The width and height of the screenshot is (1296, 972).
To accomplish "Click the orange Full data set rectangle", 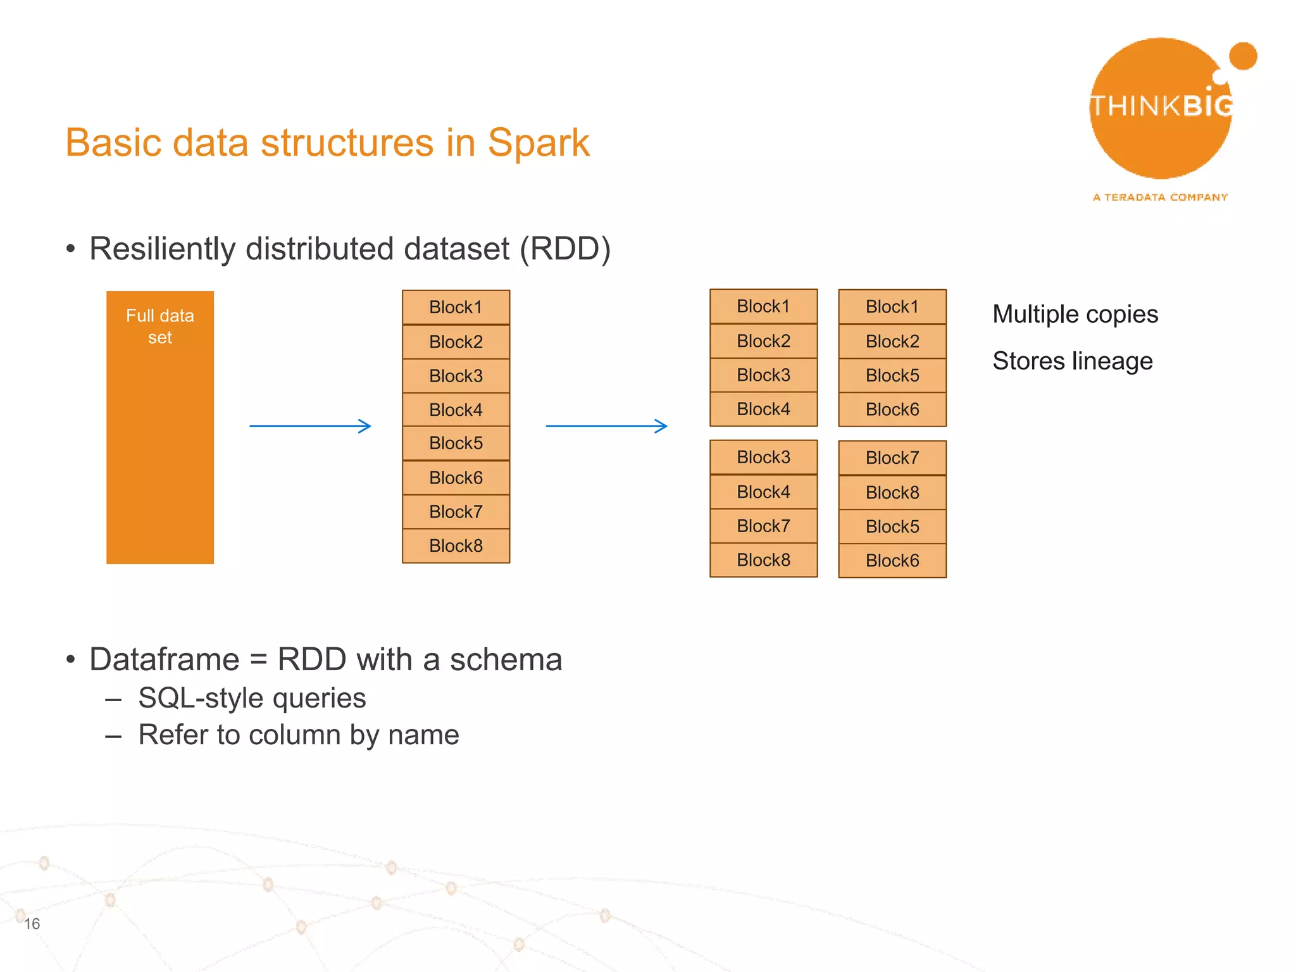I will pos(159,427).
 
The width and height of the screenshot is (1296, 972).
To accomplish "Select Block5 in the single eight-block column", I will pos(456,443).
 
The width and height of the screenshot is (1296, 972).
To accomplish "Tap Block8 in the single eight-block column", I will pos(456,545).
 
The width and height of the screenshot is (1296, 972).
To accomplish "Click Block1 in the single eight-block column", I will pos(456,308).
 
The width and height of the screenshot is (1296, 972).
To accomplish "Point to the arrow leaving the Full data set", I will pos(310,426).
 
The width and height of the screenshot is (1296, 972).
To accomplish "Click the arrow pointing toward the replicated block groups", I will pos(606,426).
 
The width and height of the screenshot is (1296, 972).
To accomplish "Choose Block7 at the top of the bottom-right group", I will pos(892,458).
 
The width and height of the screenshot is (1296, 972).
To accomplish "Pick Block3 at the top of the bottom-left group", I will pos(763,457).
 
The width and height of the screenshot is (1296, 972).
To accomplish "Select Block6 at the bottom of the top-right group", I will pos(892,409).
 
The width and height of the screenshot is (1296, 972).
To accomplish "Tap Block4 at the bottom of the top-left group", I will pos(763,409).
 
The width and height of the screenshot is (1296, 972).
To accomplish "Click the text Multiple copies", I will pos(1075,315).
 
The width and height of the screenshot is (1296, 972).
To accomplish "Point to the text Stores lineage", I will pos(1072,361).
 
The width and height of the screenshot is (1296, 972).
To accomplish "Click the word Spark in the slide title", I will pos(539,142).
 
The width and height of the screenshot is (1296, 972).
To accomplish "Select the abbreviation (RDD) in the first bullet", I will pos(565,249).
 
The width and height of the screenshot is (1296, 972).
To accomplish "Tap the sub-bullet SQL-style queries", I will pos(252,699).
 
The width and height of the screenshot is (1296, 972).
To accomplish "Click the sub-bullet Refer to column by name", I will pos(299,735).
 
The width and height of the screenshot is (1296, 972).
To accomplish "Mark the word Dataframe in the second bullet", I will pos(165,659).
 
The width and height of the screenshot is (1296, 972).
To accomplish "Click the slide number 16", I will pos(32,924).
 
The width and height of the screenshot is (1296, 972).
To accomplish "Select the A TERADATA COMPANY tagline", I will pos(1160,197).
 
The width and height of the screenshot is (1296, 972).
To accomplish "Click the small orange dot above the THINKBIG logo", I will pos(1243,56).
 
